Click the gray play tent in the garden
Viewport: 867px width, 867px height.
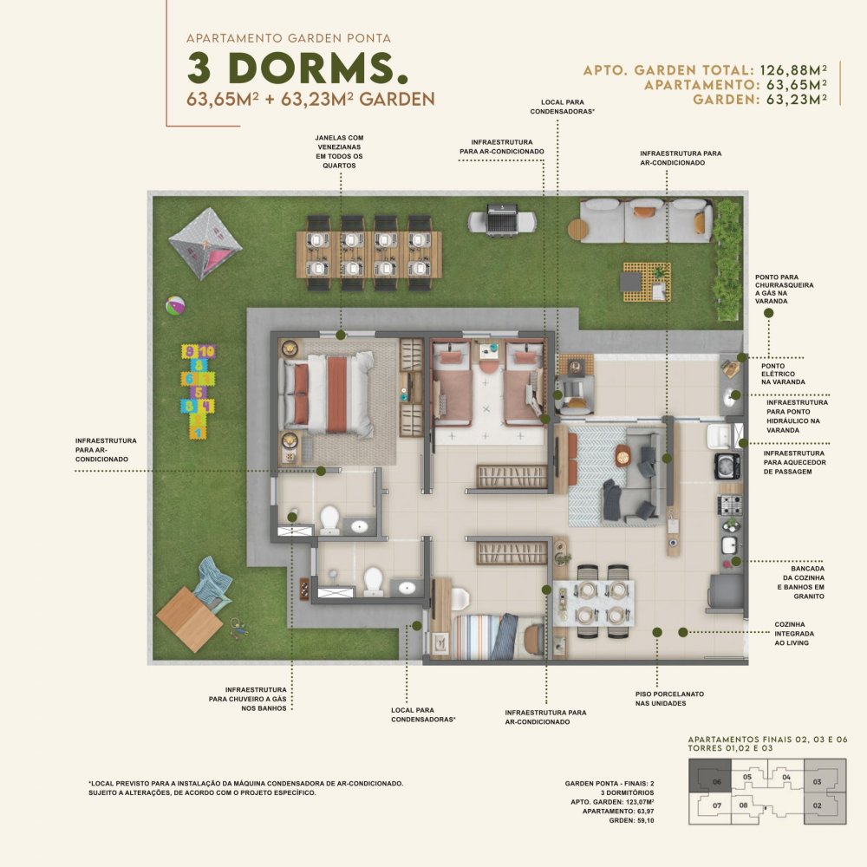(x=205, y=244)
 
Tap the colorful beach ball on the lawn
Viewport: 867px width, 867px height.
(x=175, y=305)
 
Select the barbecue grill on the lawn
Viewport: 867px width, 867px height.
(x=502, y=220)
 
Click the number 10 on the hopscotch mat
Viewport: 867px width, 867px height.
(x=207, y=351)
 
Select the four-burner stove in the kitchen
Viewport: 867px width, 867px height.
(x=729, y=505)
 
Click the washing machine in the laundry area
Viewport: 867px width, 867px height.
(x=727, y=466)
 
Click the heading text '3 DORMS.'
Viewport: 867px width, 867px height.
(x=297, y=68)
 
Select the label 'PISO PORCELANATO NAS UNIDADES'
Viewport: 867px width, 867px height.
(x=669, y=698)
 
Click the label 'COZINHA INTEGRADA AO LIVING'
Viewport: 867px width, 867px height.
(x=794, y=634)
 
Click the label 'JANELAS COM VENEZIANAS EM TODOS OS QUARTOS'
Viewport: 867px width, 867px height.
(x=340, y=152)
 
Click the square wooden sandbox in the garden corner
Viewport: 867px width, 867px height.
(x=189, y=619)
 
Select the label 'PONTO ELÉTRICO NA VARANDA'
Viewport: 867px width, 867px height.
(x=783, y=374)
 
